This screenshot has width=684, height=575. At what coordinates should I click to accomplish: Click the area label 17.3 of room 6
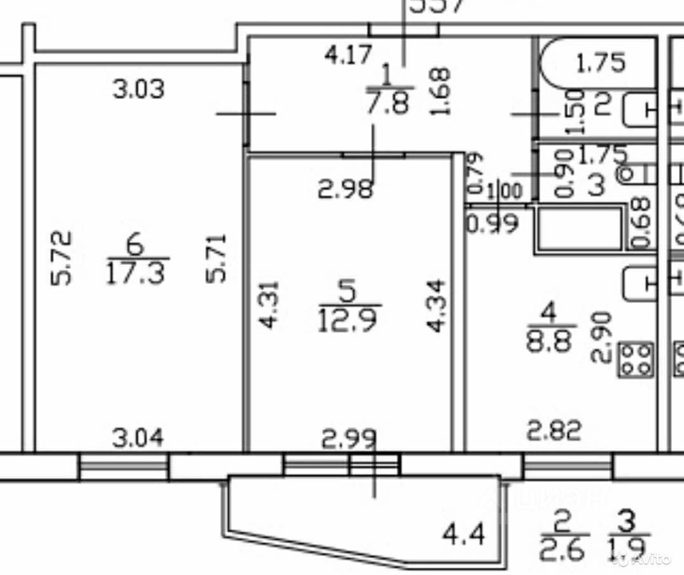[137, 275]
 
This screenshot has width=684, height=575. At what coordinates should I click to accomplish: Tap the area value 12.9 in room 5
[349, 320]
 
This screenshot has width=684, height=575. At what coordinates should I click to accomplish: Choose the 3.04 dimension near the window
[138, 437]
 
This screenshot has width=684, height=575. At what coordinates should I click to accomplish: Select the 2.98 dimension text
[345, 189]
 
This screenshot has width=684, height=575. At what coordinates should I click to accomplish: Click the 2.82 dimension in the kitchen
[555, 432]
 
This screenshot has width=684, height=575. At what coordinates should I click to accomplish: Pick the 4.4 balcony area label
[464, 536]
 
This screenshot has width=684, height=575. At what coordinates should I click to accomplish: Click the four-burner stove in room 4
[635, 359]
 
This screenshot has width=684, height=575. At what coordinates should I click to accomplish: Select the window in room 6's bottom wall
[124, 468]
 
